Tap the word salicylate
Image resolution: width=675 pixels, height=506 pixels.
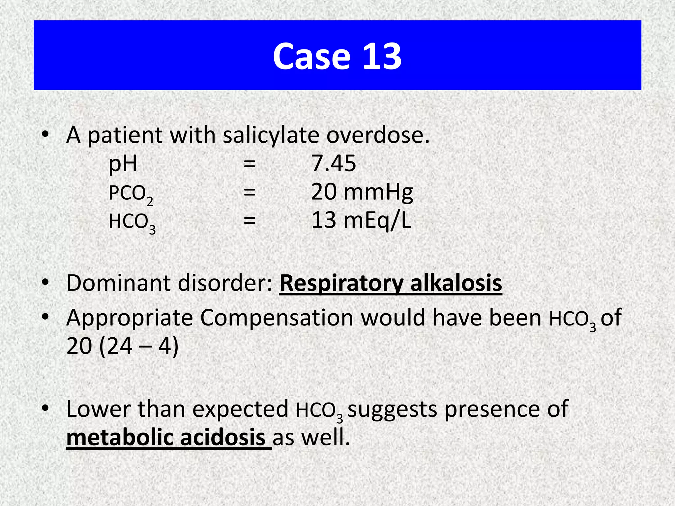(x=271, y=135)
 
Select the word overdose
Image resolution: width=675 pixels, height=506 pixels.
(x=378, y=135)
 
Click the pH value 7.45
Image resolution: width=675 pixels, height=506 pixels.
(x=334, y=163)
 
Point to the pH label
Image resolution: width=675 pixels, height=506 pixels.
(x=123, y=164)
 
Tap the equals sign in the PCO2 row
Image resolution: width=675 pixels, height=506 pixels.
(x=249, y=192)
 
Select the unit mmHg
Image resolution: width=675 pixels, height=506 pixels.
(x=378, y=192)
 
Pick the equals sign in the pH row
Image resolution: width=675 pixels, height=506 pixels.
(x=249, y=164)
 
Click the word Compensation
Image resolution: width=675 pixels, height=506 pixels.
(x=277, y=318)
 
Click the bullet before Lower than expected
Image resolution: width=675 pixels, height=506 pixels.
(x=45, y=408)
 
